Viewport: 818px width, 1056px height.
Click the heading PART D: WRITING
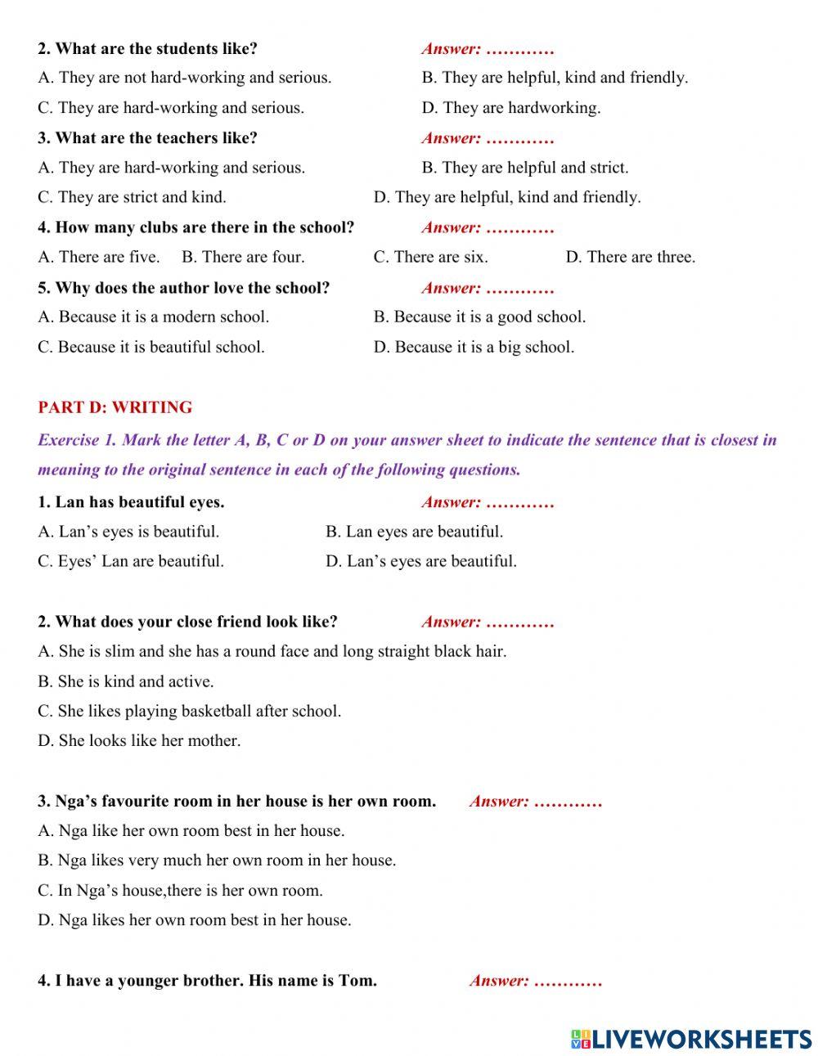[115, 407]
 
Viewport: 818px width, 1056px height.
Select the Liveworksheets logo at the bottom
[691, 1039]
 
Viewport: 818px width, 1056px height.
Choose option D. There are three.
[630, 257]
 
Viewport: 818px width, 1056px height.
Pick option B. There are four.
[243, 257]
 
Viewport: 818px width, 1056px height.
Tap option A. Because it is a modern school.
[153, 317]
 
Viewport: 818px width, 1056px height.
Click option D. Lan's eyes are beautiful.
[420, 561]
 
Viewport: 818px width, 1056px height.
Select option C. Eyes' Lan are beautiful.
[131, 561]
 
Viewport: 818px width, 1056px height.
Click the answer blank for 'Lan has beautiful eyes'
[520, 503]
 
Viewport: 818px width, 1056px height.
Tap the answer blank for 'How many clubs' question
[520, 228]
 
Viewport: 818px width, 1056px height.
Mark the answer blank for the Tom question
[568, 981]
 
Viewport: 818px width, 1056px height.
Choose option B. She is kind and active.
[125, 681]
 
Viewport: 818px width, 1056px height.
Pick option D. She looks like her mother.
[139, 741]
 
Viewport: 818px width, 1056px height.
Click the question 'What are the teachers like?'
[147, 138]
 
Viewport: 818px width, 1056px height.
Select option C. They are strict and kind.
[132, 197]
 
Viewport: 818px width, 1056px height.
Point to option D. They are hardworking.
[511, 108]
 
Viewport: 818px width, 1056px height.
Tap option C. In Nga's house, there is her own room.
[180, 890]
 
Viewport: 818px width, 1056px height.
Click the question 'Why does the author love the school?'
[183, 288]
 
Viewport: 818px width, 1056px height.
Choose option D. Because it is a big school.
[474, 347]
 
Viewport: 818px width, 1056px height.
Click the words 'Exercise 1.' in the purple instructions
[77, 440]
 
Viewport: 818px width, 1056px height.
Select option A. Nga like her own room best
[191, 830]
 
